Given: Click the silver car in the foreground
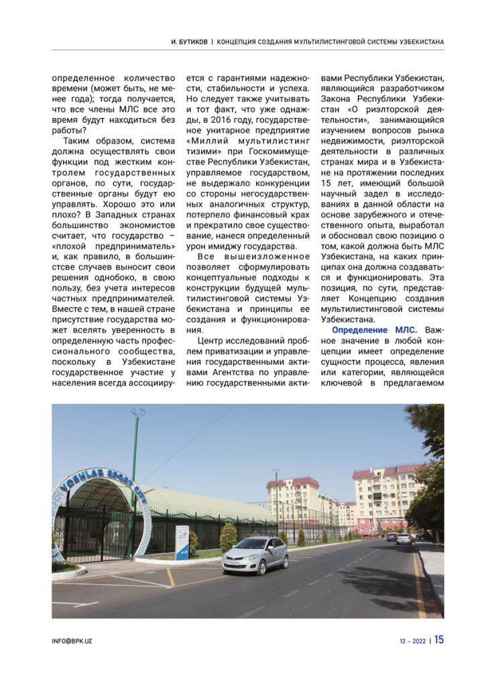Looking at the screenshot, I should click(x=255, y=555).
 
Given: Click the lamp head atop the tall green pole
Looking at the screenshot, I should click(x=138, y=411).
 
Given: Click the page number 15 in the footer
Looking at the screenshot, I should click(x=438, y=639).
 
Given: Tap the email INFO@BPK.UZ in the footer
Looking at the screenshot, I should click(x=72, y=641).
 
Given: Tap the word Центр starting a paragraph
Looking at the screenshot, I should click(x=211, y=342).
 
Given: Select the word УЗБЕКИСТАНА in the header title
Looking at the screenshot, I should click(x=417, y=42).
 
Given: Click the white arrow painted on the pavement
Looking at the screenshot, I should click(x=76, y=605).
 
